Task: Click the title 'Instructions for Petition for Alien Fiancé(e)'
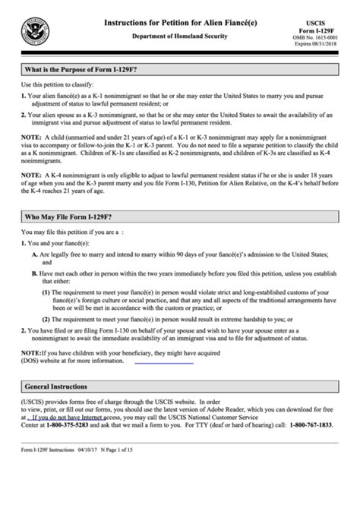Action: point(180,24)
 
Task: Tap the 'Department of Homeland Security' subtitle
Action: point(180,36)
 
